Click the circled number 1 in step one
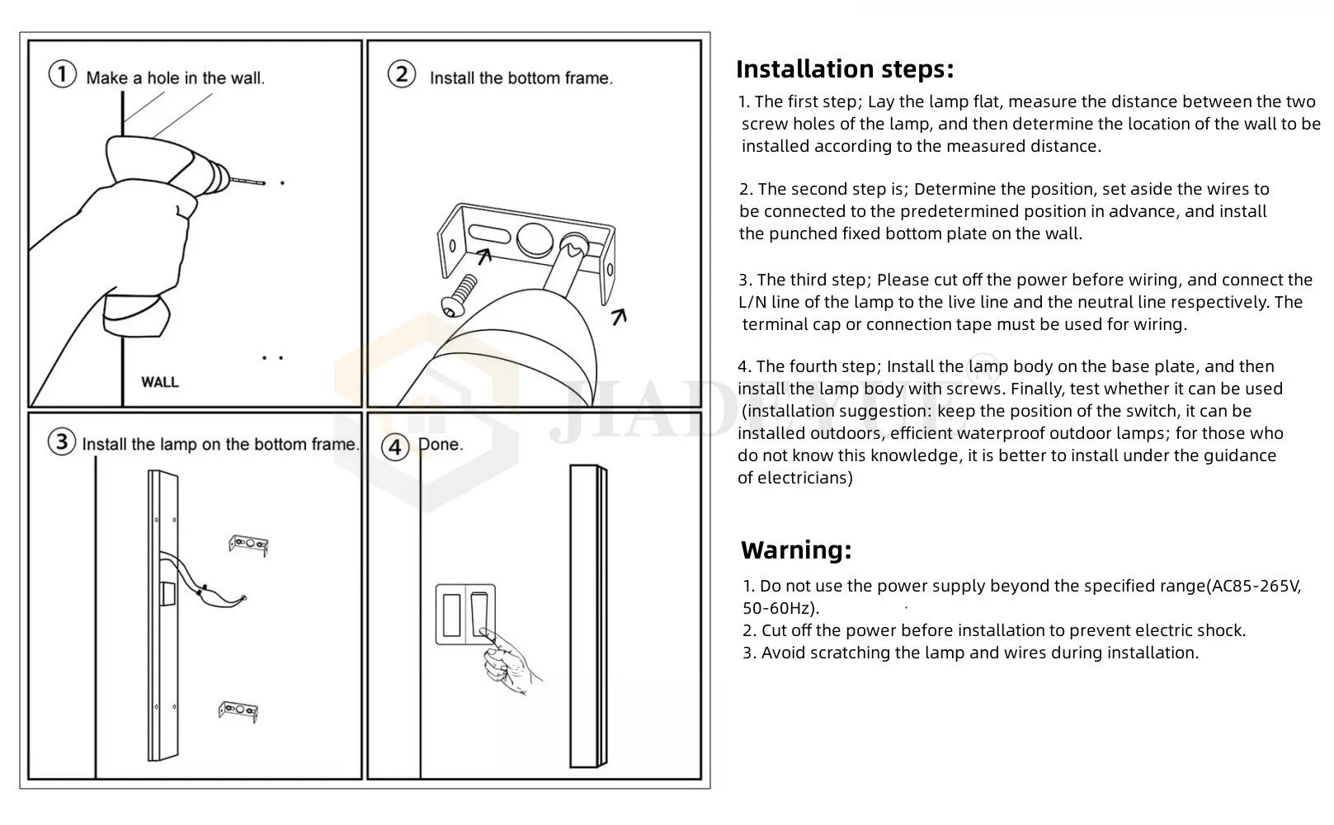coord(63,75)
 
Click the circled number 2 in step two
coord(401,75)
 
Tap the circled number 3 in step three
coord(62,442)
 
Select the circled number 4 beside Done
coord(396,447)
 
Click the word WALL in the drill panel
coord(159,382)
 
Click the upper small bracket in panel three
coord(248,544)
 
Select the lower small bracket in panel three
coord(238,712)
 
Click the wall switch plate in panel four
coord(467,615)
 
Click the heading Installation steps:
coord(844,69)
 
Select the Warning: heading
coord(796,550)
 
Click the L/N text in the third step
coord(752,303)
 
